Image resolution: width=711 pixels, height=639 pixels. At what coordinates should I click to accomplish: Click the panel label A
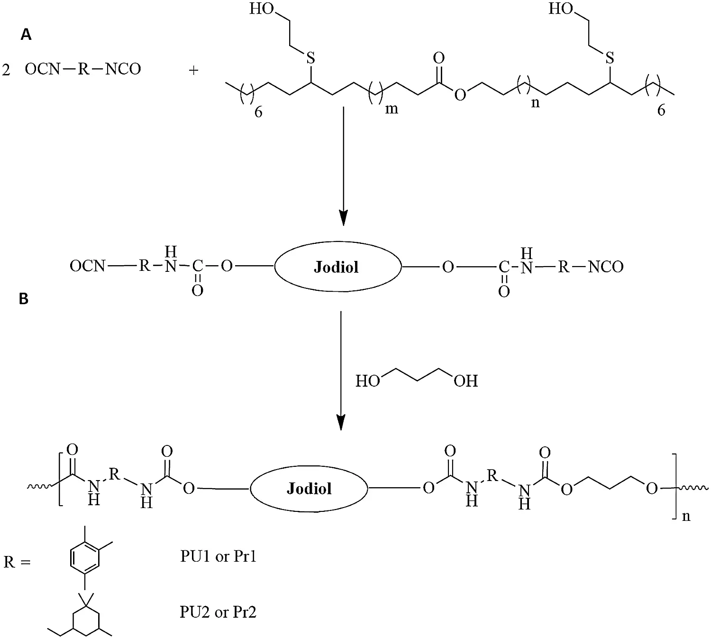click(x=26, y=35)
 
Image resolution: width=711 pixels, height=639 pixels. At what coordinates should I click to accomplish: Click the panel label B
click(x=24, y=298)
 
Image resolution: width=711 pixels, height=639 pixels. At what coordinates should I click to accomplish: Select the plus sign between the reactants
click(x=193, y=70)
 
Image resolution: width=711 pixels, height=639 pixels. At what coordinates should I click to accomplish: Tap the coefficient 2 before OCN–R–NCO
click(x=6, y=70)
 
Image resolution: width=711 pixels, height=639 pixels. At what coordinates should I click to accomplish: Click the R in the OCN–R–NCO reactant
click(x=83, y=69)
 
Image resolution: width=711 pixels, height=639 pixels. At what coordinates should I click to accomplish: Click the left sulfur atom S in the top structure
click(x=310, y=58)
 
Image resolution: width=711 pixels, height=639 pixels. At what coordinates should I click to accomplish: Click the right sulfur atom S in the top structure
click(x=610, y=58)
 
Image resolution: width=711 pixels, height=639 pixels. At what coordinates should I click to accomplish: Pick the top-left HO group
click(x=262, y=9)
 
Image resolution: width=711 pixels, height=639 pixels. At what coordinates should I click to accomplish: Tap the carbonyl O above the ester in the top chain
click(x=438, y=58)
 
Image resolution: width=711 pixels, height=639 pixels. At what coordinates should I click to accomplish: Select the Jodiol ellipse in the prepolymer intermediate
click(x=337, y=267)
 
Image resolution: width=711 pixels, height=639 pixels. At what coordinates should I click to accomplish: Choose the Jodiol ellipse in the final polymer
click(x=309, y=489)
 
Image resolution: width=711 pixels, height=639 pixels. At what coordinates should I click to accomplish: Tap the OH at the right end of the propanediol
click(x=465, y=381)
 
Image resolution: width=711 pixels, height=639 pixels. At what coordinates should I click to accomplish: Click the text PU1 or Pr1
click(x=219, y=556)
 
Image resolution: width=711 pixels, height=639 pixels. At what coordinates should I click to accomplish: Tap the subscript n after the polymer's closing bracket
click(x=686, y=516)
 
